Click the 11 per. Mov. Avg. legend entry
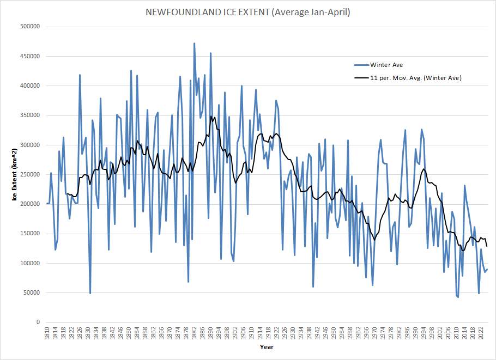point(415,78)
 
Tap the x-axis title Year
point(267,347)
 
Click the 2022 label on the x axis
point(480,333)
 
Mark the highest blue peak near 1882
point(194,43)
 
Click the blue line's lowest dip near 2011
point(458,297)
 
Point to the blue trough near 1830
point(90,293)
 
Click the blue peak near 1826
point(80,75)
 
